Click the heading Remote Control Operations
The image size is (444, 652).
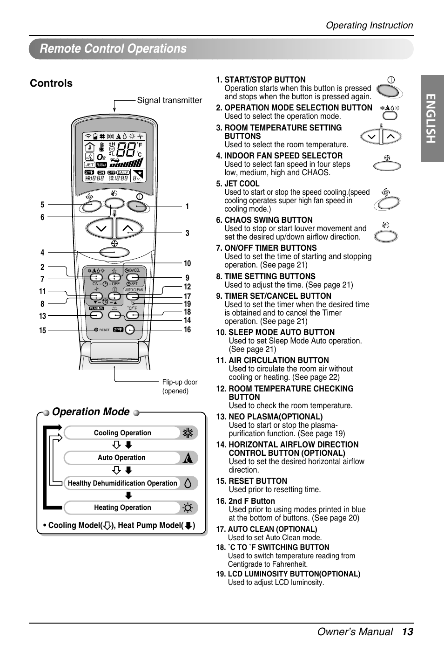pos(113,49)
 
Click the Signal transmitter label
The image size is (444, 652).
pos(169,100)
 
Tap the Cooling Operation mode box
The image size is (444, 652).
pos(122,433)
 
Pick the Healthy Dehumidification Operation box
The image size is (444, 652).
pos(122,483)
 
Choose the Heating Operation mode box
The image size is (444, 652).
pos(122,508)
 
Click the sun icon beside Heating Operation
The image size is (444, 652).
pos(188,508)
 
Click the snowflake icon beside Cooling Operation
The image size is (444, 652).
pos(188,433)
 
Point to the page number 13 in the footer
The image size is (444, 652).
pos(407,632)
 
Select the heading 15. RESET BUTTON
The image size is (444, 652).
pos(251,481)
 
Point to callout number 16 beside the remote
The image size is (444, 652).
pos(187,330)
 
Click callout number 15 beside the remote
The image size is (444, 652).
pos(43,330)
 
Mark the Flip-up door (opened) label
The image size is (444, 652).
pos(180,386)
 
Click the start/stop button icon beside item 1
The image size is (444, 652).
pos(388,90)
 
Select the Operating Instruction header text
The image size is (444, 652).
pos(369,26)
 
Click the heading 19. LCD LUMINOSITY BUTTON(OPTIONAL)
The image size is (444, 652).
pos(288,574)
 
